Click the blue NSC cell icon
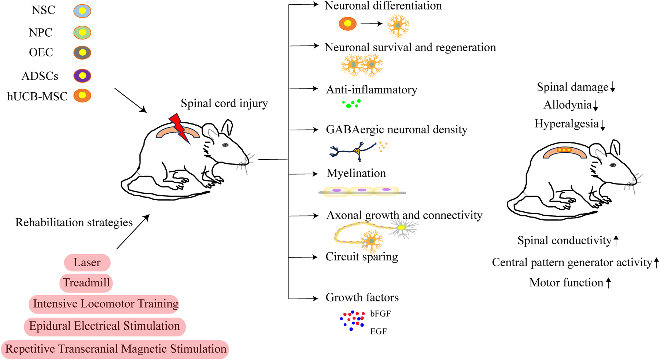[82, 11]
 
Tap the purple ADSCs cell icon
[82, 76]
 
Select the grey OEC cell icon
[82, 53]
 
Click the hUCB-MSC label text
[37, 96]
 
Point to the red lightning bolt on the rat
[179, 128]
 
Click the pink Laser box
[87, 263]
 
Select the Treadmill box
[86, 283]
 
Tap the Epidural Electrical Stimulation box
[105, 326]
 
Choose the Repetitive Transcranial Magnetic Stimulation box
[115, 349]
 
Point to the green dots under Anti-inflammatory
[351, 104]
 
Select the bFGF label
[380, 314]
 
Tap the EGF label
[378, 331]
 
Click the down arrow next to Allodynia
[596, 106]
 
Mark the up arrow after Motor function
[608, 282]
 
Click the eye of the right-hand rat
[612, 165]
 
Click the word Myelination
[356, 173]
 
